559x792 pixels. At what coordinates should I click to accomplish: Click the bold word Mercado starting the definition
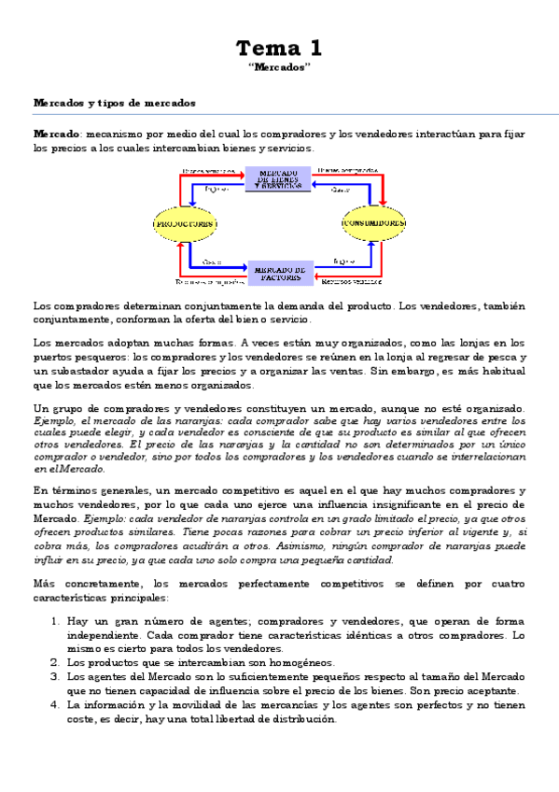[56, 134]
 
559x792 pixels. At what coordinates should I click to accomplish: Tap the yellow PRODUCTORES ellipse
[185, 224]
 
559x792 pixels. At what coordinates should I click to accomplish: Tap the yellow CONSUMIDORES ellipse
[373, 224]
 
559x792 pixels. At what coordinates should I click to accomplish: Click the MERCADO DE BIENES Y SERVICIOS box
[278, 179]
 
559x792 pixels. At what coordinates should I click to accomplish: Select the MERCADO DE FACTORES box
[278, 272]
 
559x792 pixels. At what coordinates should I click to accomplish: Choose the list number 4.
[55, 705]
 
